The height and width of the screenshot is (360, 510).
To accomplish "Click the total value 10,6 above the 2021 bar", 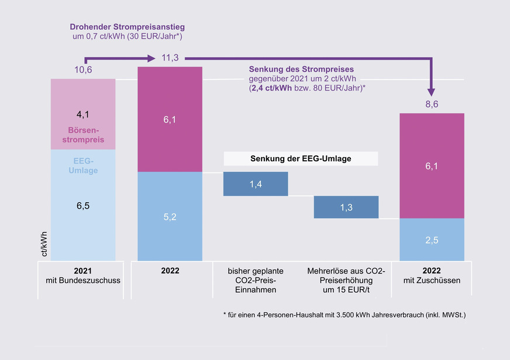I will pos(83,70).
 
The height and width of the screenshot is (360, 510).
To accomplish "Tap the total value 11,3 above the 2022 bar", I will pos(170,58).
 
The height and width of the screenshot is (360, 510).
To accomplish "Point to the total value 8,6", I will pos(432,104).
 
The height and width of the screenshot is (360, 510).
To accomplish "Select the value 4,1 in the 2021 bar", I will pos(82,114).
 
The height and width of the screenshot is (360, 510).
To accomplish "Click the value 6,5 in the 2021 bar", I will pos(82,205).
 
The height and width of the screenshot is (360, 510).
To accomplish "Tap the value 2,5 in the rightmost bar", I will pos(432,239).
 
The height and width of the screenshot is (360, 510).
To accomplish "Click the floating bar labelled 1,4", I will pos(256,184).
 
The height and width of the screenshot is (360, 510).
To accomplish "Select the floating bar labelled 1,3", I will pos(346,207).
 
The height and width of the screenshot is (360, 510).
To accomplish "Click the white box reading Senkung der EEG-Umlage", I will pos(301,159).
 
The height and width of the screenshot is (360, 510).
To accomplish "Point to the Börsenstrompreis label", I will pos(82,136).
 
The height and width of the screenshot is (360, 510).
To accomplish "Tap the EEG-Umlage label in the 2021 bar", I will pos(82,165).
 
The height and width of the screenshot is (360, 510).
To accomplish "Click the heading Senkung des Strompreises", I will pos(301,69).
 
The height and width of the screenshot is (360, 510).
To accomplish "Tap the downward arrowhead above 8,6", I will pos(432,92).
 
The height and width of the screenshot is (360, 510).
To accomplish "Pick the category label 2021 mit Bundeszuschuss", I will pos(82,276).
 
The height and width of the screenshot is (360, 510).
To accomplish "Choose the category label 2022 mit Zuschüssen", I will pos(432,276).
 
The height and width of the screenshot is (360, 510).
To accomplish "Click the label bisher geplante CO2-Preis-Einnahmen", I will pos(256,281).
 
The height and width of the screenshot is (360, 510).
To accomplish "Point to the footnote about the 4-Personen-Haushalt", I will pos(344,315).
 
